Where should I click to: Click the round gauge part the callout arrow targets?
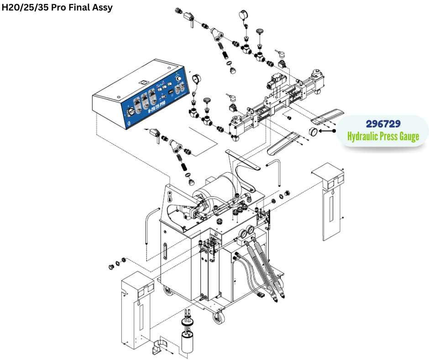pyautogui.click(x=313, y=132)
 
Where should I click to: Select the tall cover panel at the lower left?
pyautogui.click(x=137, y=311)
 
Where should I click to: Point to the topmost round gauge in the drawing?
pyautogui.click(x=242, y=16)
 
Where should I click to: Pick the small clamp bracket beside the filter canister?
pyautogui.click(x=157, y=347)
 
